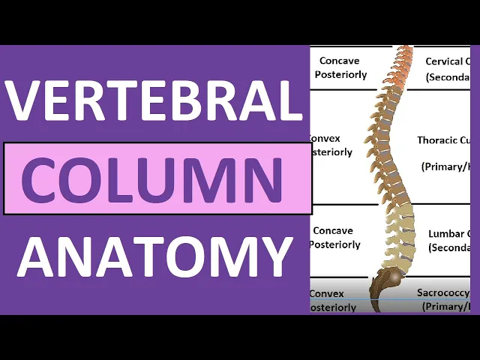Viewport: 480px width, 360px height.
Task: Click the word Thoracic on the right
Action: click(x=436, y=140)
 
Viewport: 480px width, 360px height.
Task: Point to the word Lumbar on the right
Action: click(x=445, y=233)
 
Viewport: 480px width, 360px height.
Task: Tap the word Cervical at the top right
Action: click(x=447, y=61)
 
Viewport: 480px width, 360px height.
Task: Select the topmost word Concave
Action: click(x=339, y=61)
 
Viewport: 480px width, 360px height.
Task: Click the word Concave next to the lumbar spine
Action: click(x=332, y=231)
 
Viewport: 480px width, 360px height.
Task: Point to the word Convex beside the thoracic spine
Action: click(x=325, y=139)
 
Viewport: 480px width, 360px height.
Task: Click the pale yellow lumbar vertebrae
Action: click(x=400, y=225)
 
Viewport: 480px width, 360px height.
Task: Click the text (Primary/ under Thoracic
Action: click(x=445, y=166)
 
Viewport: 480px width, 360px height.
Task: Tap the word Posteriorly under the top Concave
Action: click(x=341, y=75)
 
